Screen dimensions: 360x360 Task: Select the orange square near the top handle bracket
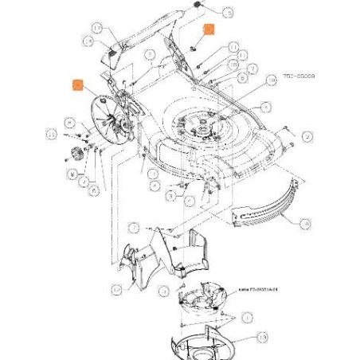[x=208, y=30]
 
